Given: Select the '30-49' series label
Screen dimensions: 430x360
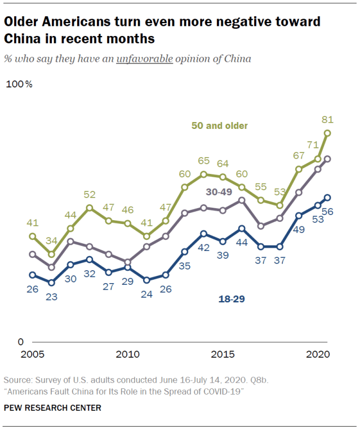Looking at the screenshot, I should click(219, 192).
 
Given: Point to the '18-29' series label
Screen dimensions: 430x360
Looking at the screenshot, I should click(232, 299).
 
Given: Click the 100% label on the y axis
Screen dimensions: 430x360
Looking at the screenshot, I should click(19, 84).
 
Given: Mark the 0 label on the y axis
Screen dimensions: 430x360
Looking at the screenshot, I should click(21, 342).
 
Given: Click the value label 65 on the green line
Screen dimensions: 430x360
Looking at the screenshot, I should click(204, 161).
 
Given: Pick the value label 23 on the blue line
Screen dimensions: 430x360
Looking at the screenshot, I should click(51, 295).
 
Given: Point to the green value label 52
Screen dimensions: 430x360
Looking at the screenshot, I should click(90, 195).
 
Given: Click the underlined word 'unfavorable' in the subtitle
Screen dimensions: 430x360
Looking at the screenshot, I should click(144, 59).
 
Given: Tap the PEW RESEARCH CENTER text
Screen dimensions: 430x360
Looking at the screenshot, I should click(53, 407).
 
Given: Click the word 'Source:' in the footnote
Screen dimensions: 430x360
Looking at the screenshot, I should click(17, 380).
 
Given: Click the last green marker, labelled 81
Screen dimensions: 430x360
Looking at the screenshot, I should click(328, 133).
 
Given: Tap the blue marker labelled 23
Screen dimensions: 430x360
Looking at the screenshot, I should click(51, 283).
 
